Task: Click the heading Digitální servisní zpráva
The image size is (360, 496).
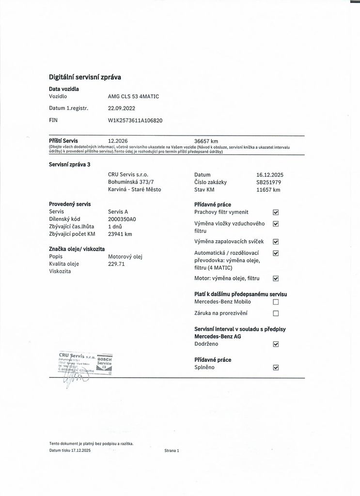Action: tap(85, 77)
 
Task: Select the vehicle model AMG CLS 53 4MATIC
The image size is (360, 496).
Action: tap(133, 96)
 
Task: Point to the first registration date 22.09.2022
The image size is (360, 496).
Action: tap(122, 108)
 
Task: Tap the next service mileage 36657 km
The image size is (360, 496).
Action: tap(206, 141)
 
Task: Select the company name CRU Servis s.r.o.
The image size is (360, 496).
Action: tap(128, 174)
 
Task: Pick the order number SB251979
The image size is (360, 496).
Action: tap(268, 182)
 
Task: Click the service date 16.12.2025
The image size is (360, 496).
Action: tap(270, 174)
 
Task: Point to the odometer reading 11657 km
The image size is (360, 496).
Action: tap(268, 190)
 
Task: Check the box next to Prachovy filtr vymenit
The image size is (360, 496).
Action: tap(276, 212)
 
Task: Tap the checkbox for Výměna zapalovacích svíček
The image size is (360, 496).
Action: tap(276, 242)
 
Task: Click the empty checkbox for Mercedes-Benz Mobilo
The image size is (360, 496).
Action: tap(276, 302)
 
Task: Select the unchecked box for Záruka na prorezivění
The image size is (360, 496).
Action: tap(276, 313)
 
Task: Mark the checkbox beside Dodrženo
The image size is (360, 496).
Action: tap(276, 344)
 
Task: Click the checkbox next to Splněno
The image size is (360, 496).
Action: tap(276, 368)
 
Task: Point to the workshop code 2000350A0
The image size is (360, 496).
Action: tap(122, 219)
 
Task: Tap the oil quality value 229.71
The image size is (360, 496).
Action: tap(116, 264)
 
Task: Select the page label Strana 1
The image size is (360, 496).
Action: tap(172, 450)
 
